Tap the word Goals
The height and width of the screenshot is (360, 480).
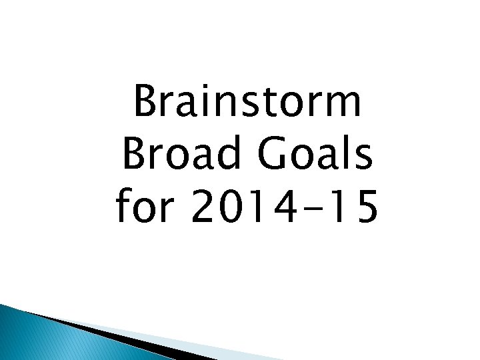pos(307,156)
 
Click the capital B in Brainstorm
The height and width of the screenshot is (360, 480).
pos(146,104)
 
